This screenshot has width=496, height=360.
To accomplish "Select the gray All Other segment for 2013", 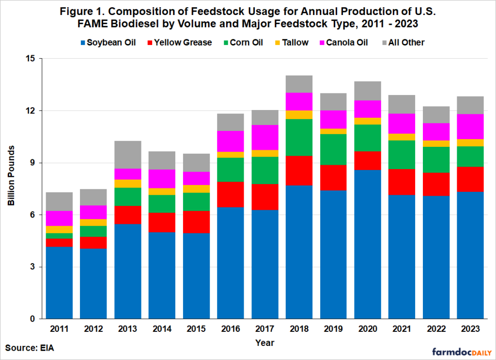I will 127,155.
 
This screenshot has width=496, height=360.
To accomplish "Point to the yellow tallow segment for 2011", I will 60,229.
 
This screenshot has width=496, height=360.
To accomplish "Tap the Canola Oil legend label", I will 346,43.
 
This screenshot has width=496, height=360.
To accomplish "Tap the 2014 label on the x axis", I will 161,329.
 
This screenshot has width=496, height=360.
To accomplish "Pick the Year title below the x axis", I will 265,343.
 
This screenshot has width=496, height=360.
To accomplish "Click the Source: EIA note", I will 29,347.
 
